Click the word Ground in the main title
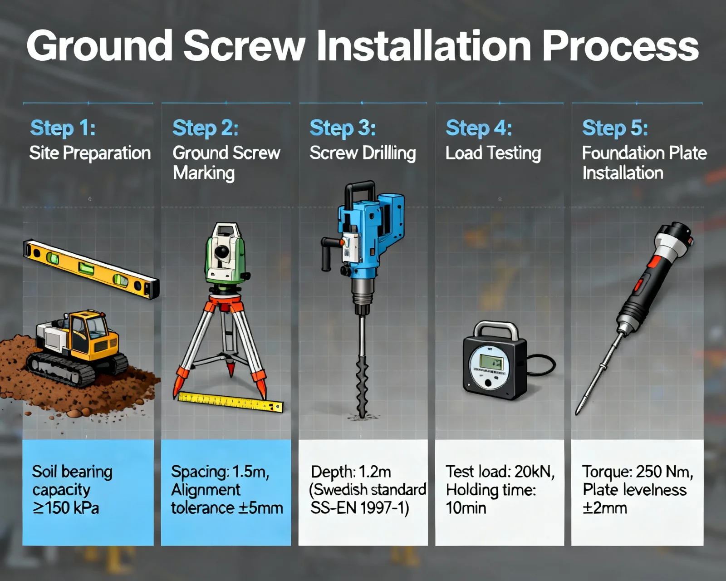click(99, 45)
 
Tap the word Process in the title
click(620, 45)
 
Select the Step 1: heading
click(63, 128)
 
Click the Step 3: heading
click(343, 128)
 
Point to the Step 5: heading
click(615, 128)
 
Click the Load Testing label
click(493, 153)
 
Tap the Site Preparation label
click(90, 153)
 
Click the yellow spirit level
click(91, 269)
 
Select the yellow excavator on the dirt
click(78, 348)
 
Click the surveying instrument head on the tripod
click(226, 254)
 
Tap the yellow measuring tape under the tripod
click(231, 402)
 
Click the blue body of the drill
click(370, 233)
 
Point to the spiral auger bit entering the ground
click(362, 387)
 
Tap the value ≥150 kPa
click(66, 508)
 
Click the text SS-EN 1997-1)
click(359, 508)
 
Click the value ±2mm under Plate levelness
click(604, 508)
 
